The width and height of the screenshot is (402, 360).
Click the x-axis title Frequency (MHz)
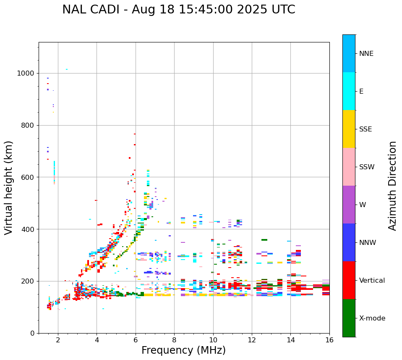(x=183, y=350)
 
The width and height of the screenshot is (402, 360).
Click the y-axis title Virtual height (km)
(x=9, y=188)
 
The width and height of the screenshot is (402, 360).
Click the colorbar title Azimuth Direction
(x=392, y=186)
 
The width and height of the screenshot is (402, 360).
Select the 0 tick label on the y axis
(x=32, y=333)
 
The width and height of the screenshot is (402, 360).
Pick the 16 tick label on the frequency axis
(x=329, y=340)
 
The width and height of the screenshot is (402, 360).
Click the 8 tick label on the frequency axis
(x=174, y=340)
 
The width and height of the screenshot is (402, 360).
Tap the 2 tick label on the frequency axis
(x=58, y=340)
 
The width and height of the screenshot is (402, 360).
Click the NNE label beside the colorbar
(x=366, y=54)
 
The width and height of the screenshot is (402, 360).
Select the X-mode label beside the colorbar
(x=372, y=318)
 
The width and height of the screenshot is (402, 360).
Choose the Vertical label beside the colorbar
(x=372, y=281)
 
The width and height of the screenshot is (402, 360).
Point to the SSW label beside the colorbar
(x=367, y=167)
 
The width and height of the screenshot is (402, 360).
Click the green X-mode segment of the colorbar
(x=349, y=318)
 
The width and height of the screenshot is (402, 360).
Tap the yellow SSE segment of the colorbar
(x=349, y=129)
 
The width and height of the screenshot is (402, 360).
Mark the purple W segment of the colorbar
(x=349, y=205)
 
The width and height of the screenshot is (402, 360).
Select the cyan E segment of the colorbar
(x=349, y=91)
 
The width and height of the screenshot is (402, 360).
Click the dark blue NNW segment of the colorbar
(x=349, y=242)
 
